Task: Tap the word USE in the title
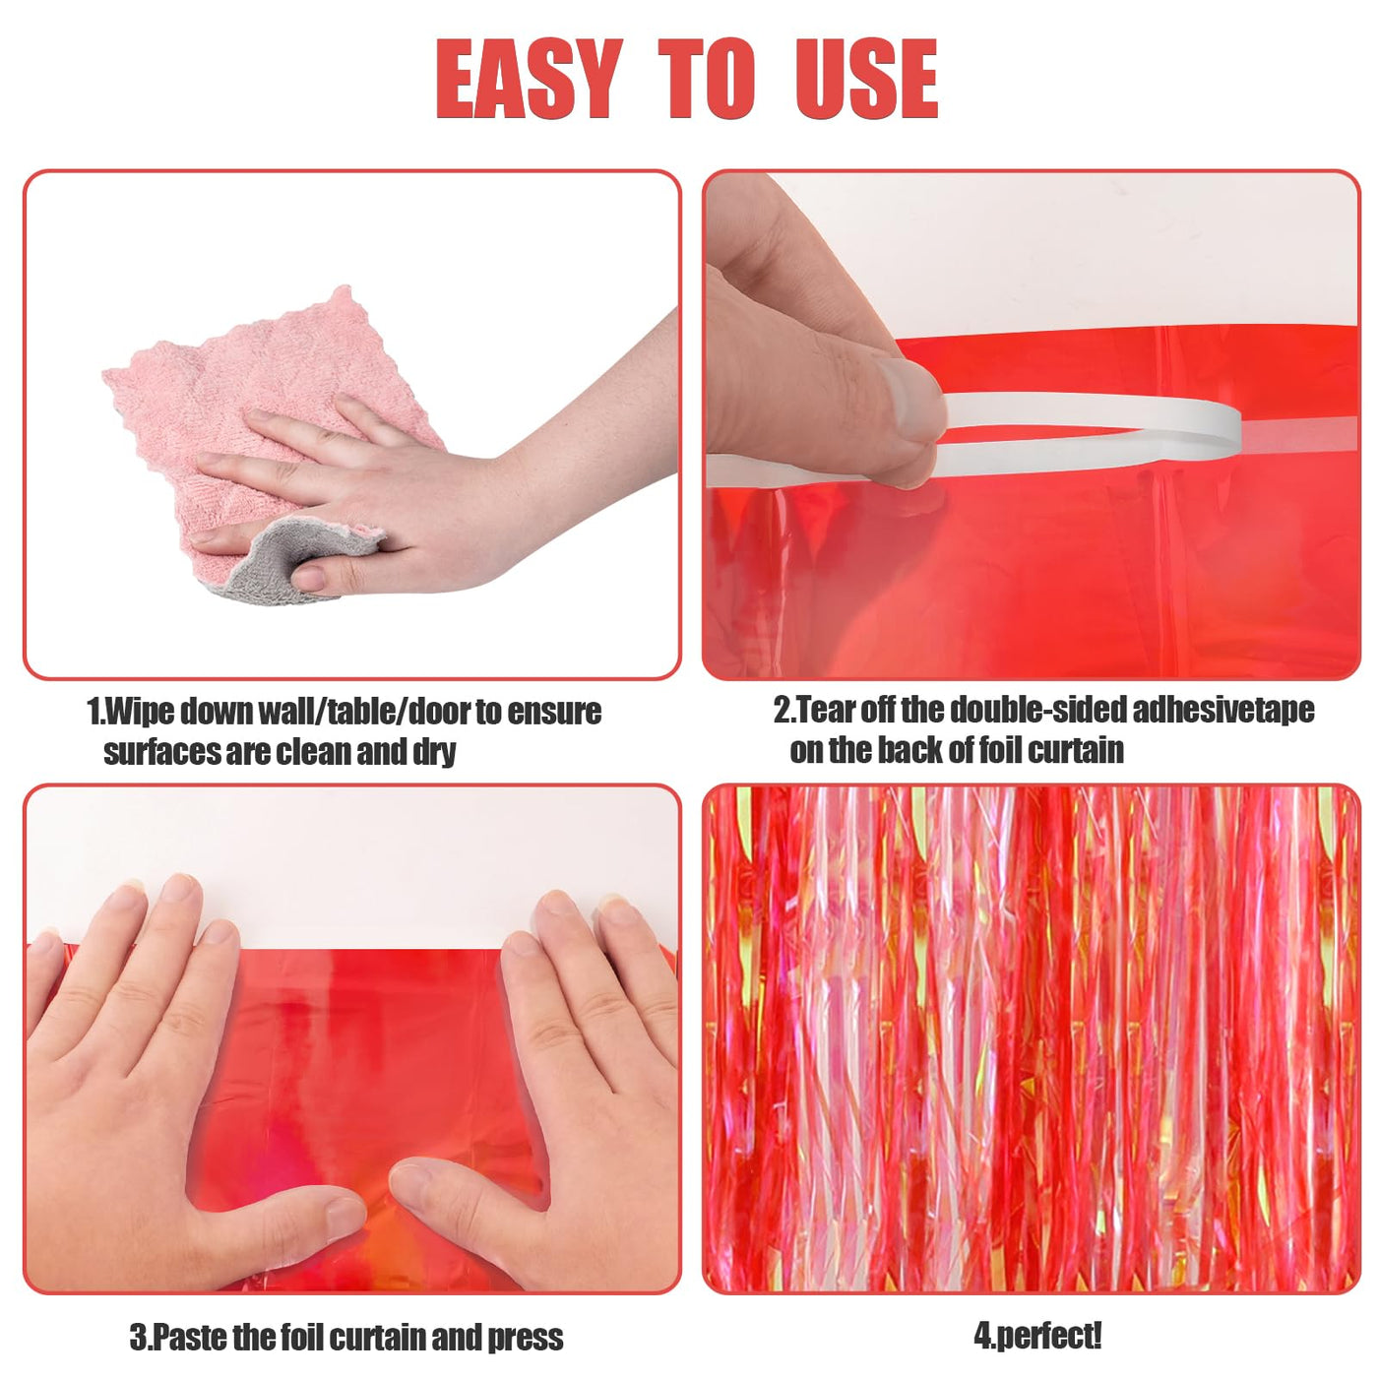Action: click(x=866, y=80)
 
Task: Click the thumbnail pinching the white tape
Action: click(x=908, y=396)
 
